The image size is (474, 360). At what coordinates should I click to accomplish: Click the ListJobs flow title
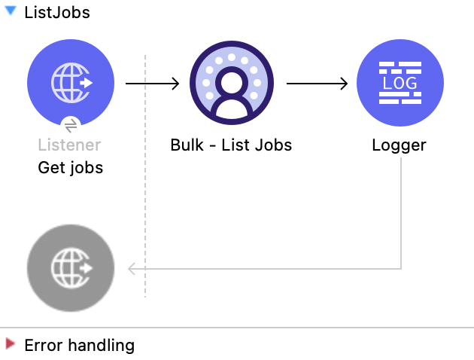[x=57, y=12]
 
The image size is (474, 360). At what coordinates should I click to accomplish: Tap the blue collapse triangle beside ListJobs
[x=11, y=11]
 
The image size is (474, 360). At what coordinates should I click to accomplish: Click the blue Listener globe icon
[x=71, y=82]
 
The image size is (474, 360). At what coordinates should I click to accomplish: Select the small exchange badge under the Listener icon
[x=71, y=124]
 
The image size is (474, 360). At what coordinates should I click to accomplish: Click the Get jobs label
[x=70, y=167]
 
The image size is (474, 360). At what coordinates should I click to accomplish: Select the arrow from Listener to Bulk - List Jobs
[x=152, y=83]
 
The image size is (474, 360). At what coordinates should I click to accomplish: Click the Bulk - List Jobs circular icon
[x=231, y=83]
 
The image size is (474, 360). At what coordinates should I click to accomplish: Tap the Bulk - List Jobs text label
[x=231, y=145]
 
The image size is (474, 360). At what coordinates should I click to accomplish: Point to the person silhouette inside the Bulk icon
[x=231, y=92]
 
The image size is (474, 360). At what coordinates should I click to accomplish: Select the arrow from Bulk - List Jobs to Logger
[x=316, y=83]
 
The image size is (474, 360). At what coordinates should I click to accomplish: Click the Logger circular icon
[x=400, y=83]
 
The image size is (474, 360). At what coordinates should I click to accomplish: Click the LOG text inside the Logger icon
[x=400, y=83]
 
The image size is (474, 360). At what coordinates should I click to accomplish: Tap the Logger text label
[x=400, y=145]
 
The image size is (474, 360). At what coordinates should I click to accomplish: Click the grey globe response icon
[x=71, y=268]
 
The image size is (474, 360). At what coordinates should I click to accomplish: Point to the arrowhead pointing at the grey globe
[x=132, y=268]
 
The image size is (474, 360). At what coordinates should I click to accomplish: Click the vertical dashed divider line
[x=145, y=188]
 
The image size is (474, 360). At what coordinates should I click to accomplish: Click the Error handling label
[x=79, y=346]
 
